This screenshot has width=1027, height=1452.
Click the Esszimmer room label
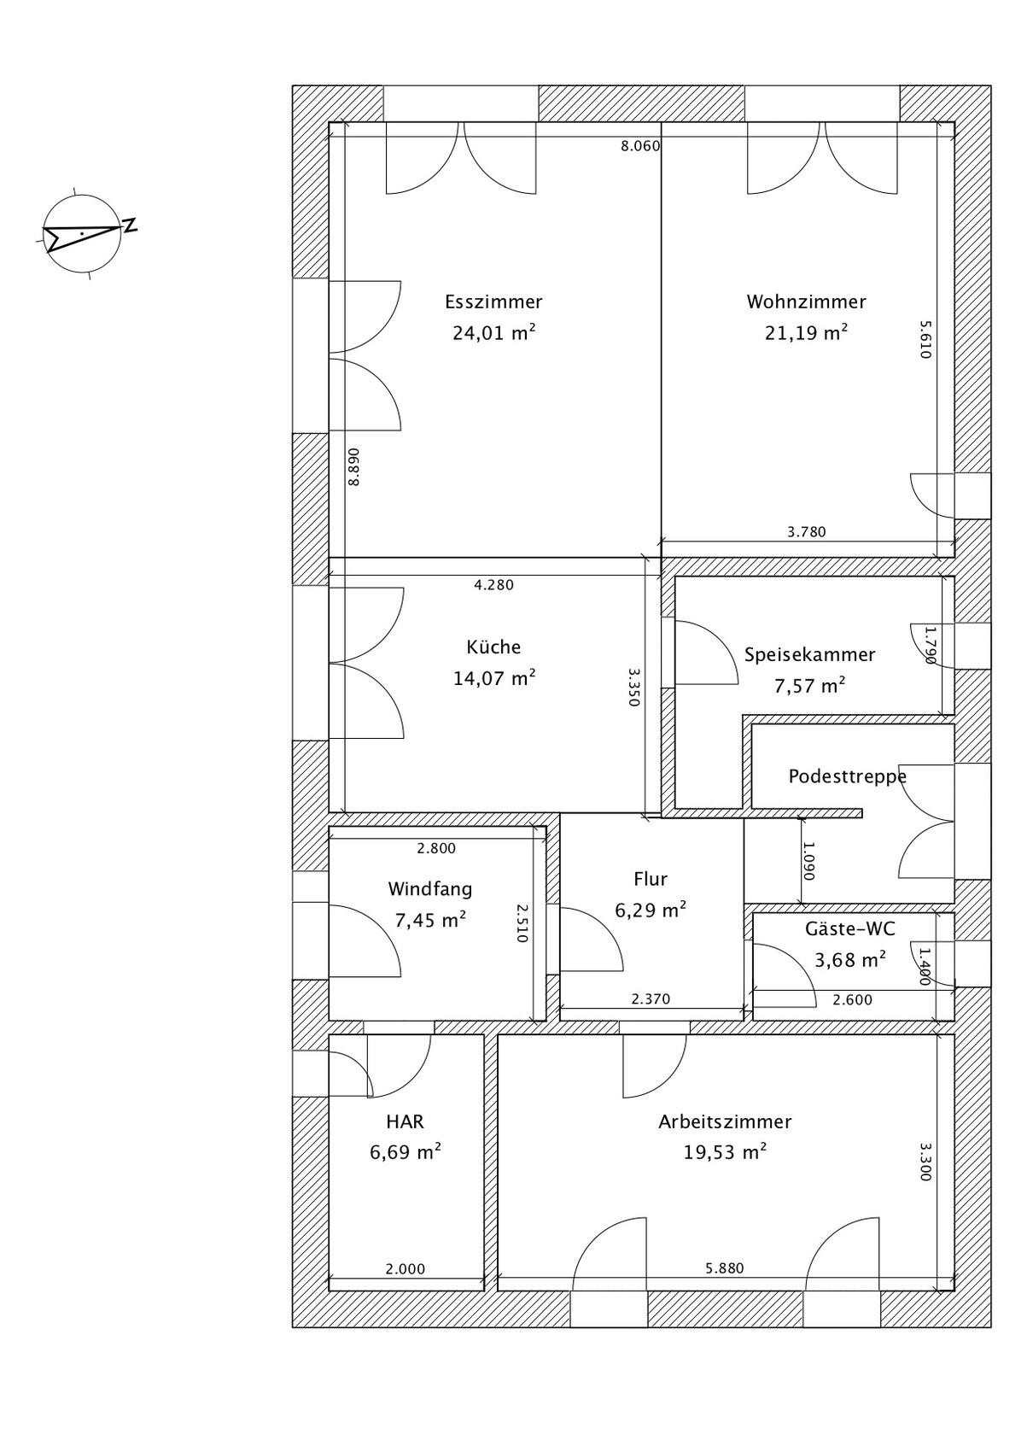[493, 302]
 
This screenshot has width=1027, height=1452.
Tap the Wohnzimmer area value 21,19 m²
[806, 333]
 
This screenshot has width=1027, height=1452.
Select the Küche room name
[493, 647]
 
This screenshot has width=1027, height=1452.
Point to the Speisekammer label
[809, 655]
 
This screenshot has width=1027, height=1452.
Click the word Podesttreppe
[847, 776]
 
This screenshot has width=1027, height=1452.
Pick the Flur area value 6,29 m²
[651, 910]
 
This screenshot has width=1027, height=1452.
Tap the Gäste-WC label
[849, 928]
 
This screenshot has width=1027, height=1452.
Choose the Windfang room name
[429, 889]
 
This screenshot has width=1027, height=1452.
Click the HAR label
[405, 1121]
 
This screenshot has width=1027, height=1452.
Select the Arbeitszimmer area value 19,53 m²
[725, 1152]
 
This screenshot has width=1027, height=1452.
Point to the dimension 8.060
[640, 147]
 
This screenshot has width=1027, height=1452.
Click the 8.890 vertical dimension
[353, 466]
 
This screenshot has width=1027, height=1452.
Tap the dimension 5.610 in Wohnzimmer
[925, 340]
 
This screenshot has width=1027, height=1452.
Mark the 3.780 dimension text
[806, 532]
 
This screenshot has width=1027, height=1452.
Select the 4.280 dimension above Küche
[493, 585]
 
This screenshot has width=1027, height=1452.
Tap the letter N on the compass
[131, 225]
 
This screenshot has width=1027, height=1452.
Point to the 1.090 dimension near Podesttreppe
[808, 861]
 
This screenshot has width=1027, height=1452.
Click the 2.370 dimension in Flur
[651, 999]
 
